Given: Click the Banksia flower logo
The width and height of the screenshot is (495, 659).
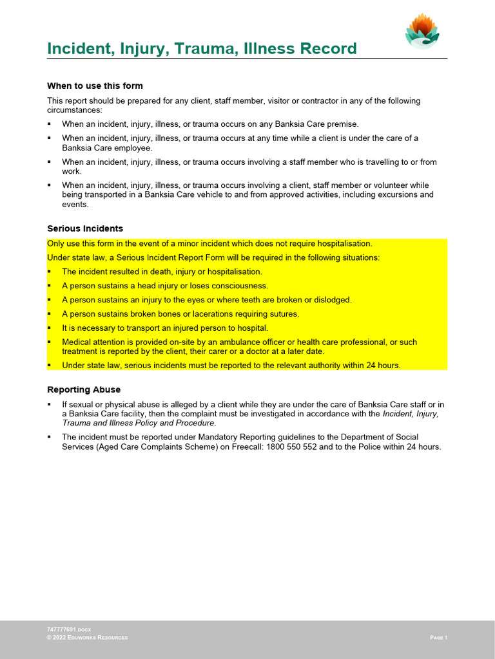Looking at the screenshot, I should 422,30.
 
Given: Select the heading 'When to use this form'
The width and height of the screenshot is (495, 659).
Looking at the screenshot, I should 95,86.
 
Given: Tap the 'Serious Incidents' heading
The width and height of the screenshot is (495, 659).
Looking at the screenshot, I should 85,228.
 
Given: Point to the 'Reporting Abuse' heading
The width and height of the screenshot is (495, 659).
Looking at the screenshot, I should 84,389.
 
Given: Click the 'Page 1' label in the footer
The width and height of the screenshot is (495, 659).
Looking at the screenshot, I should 438,637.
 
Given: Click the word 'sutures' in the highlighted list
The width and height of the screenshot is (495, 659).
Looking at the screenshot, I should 284,314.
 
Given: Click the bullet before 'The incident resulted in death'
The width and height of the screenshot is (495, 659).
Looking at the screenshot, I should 50,272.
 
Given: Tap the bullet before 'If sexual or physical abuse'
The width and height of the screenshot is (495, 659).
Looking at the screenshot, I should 50,405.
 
